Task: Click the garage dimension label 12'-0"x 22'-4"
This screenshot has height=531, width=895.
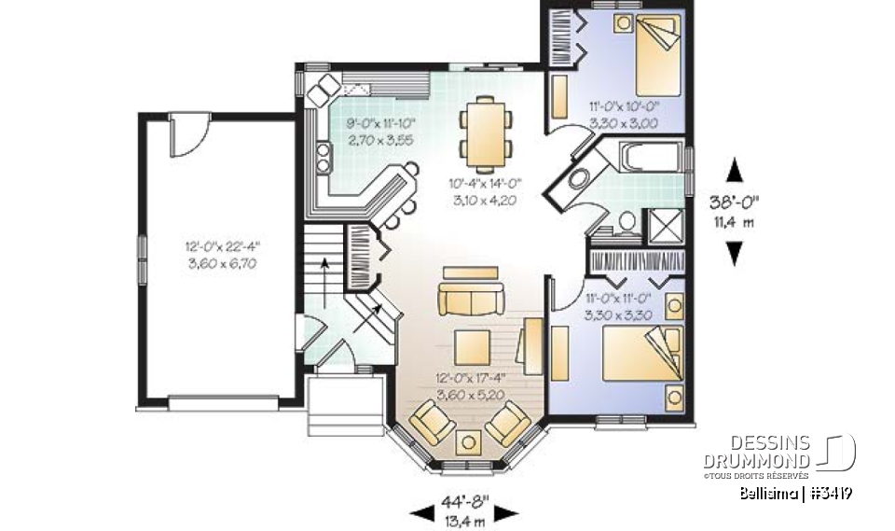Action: pos(221,247)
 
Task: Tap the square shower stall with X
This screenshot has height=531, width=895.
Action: pos(668,225)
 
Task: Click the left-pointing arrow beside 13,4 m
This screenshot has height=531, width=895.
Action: pos(421,512)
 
